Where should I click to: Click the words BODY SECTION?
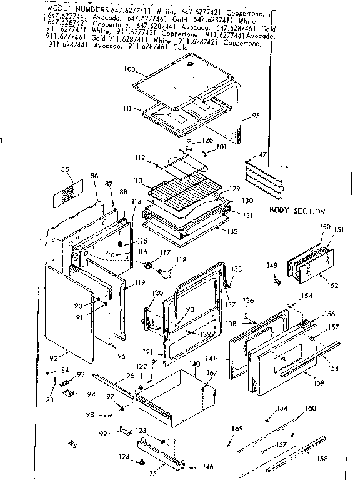click(x=297, y=211)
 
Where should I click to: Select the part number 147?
click(x=261, y=154)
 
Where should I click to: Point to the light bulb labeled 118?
click(x=165, y=272)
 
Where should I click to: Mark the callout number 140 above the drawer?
click(x=194, y=363)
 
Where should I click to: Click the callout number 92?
click(x=53, y=358)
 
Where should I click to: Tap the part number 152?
click(x=332, y=286)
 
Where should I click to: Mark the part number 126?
click(x=207, y=139)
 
